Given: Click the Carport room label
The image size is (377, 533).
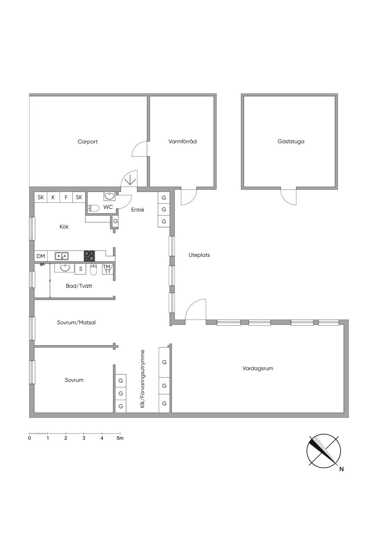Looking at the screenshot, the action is [88, 142].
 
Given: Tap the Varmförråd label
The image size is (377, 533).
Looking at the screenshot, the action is [182, 141].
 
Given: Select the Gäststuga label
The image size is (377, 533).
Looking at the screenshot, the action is [291, 141].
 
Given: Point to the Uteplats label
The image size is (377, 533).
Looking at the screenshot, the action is [199, 255].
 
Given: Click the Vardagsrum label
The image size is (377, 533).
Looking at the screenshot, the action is [258, 368].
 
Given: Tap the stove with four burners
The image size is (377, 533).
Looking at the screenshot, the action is [89, 256].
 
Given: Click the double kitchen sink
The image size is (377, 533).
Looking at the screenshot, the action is [61, 256].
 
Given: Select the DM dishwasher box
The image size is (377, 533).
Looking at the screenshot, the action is [41, 256].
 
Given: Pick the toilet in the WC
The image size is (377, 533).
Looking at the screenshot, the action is [93, 208].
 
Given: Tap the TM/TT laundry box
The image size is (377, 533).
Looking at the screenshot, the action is [107, 269].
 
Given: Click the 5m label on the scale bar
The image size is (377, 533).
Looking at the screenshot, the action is [120, 438].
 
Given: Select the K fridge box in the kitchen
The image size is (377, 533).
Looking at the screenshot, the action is [53, 197].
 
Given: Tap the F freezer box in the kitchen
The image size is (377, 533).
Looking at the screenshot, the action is [66, 197].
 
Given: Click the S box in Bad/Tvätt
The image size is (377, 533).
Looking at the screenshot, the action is [81, 269].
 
